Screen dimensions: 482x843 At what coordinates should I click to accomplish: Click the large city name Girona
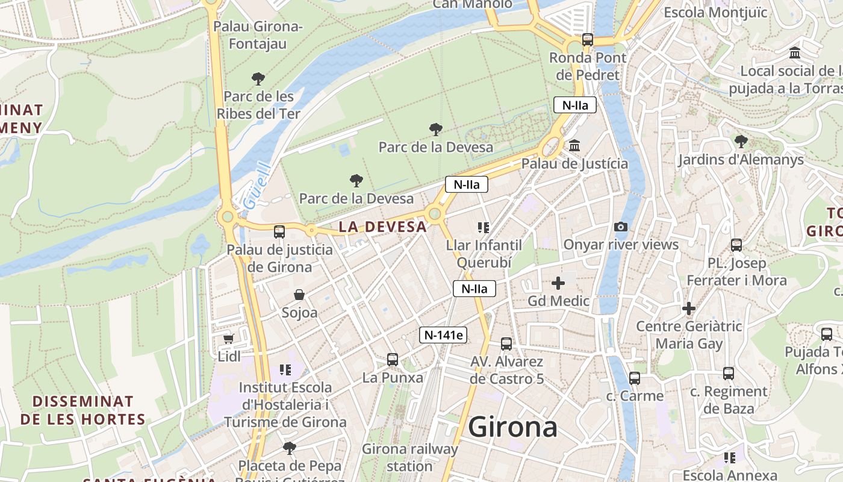tap(512, 427)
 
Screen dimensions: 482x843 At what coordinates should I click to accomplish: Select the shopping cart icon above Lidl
tap(228, 339)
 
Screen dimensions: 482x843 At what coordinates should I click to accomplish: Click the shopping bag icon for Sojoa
tap(299, 295)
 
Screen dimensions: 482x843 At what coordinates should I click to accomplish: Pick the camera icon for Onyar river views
tap(621, 227)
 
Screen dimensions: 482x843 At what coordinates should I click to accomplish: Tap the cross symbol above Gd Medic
tap(558, 283)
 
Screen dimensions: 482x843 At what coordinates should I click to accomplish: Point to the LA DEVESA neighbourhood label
tap(382, 227)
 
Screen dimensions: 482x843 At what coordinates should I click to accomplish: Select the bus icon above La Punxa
tap(393, 360)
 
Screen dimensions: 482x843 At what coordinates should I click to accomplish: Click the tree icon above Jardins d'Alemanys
tap(741, 142)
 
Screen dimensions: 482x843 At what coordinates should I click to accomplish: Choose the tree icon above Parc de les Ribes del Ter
tap(258, 79)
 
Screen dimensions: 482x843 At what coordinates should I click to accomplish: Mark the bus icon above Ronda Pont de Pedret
tap(588, 40)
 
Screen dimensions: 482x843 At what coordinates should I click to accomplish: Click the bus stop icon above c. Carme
tap(635, 378)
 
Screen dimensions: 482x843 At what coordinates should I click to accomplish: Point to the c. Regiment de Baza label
tap(729, 400)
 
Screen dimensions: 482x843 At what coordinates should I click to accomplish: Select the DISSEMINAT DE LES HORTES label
tap(83, 410)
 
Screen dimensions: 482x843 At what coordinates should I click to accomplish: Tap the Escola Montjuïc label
tap(715, 13)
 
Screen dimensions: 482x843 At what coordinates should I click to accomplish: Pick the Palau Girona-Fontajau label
tap(258, 35)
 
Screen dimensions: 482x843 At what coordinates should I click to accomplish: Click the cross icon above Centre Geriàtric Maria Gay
tap(689, 309)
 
